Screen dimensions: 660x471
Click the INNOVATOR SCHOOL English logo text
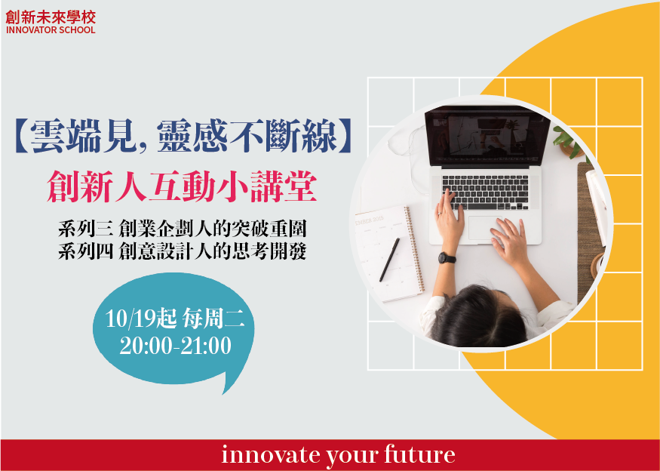point(51,30)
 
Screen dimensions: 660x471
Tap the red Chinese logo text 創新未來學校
point(51,17)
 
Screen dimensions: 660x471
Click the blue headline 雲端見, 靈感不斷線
point(183,136)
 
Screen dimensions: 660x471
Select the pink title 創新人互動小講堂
point(182,188)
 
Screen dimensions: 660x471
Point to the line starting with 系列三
point(183,229)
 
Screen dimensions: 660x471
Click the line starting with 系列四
point(183,251)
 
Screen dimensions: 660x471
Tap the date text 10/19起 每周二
point(174,319)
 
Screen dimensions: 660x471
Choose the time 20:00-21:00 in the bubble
point(176,346)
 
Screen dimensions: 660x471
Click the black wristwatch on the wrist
point(447,258)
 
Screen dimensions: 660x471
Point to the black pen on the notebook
point(389,260)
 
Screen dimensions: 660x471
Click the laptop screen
point(487,136)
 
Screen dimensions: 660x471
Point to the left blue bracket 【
point(23,137)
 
